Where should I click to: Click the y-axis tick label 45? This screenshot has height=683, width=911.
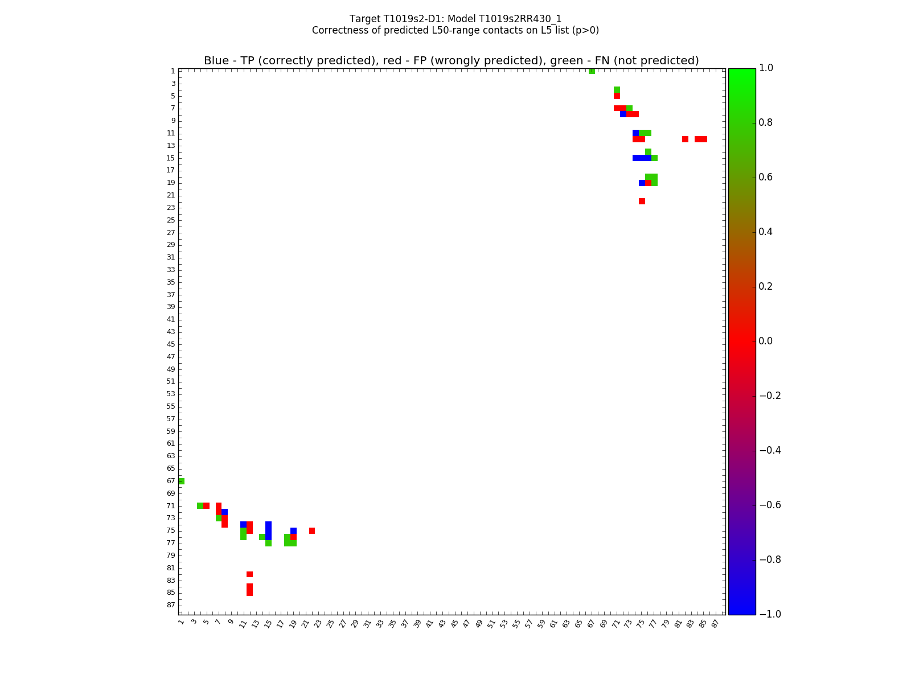click(x=171, y=344)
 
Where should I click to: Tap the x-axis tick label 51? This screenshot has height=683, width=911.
click(x=491, y=623)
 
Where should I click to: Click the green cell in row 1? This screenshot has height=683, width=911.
click(x=592, y=71)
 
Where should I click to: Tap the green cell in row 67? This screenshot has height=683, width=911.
click(x=181, y=481)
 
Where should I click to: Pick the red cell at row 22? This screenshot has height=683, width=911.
click(x=642, y=201)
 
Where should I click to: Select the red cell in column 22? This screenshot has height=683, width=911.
click(x=312, y=530)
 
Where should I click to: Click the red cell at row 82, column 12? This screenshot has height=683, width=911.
click(x=249, y=574)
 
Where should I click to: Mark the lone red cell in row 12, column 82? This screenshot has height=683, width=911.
click(x=685, y=139)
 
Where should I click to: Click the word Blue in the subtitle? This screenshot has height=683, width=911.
click(x=216, y=61)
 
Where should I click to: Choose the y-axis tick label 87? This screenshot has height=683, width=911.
click(x=171, y=605)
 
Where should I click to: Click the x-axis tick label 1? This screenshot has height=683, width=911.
click(x=180, y=622)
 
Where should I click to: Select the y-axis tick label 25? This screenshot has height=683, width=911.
click(x=171, y=220)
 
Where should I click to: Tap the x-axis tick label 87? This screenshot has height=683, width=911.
click(x=715, y=623)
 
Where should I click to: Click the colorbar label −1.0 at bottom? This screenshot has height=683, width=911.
click(x=770, y=614)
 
